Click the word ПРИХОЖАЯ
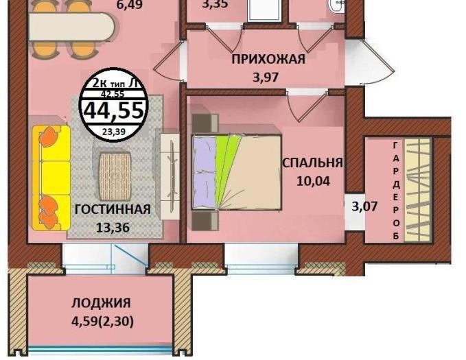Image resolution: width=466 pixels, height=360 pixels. coord(268,59)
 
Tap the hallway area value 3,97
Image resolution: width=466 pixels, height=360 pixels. coord(266,77)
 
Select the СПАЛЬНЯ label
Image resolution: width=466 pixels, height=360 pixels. coord(313,163)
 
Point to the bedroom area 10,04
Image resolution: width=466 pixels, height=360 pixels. coord(313,181)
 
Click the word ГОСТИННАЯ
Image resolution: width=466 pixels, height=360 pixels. coord(113,210)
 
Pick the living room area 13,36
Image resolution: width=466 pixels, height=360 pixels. coord(113,228)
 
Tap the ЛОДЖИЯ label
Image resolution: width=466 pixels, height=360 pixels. coord(101,303)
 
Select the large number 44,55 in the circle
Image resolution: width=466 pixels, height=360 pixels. coord(115,110)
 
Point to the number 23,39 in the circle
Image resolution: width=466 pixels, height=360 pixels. coord(113,131)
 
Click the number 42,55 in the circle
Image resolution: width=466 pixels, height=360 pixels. coord(113,94)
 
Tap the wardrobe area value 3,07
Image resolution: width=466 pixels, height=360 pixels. coord(364,206)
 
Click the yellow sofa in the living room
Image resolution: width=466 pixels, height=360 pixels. coord(51,178)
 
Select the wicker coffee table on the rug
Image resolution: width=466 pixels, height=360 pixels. coord(115,176)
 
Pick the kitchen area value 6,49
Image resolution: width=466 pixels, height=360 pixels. coord(130,4)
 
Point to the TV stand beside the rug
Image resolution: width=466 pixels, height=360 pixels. coord(170,176)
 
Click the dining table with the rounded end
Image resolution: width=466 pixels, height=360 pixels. coord(72,27)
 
